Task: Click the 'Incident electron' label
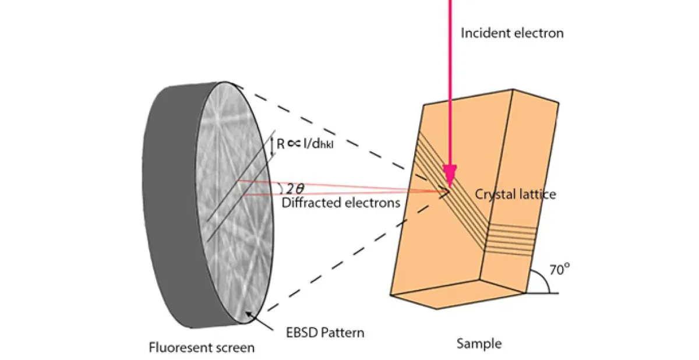click(x=512, y=33)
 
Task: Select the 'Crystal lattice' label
click(x=515, y=194)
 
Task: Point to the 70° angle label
click(x=559, y=270)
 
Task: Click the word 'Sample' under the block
click(x=479, y=344)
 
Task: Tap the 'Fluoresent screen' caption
click(x=201, y=348)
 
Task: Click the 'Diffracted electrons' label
click(x=341, y=203)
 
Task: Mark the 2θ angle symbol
click(x=295, y=189)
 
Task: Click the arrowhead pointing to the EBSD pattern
click(x=249, y=315)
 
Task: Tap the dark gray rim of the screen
click(x=169, y=204)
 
